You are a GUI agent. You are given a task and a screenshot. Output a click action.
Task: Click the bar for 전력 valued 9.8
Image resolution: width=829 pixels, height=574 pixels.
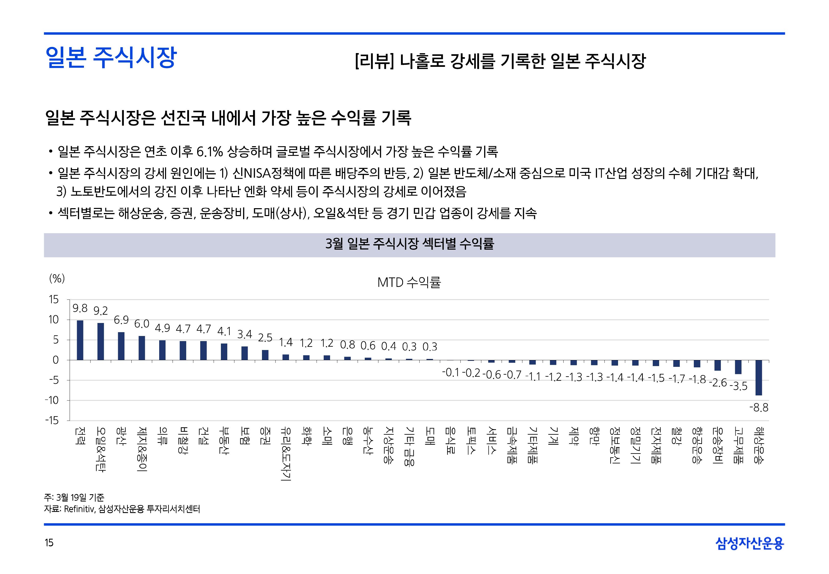tap(80, 340)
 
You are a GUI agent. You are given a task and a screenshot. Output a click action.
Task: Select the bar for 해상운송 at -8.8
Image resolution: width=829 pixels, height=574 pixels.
tap(759, 378)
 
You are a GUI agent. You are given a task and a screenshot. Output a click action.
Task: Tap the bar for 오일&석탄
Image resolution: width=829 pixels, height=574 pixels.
tap(101, 341)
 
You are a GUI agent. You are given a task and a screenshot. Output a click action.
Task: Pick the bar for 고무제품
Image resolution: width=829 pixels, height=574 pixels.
tap(738, 367)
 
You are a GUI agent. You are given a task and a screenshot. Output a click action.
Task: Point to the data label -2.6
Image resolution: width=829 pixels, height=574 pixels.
tap(718, 383)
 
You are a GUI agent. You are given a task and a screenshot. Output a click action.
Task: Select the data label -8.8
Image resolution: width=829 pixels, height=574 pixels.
tap(759, 408)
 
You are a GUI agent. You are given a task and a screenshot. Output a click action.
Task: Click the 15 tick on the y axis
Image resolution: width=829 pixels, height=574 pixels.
tap(54, 300)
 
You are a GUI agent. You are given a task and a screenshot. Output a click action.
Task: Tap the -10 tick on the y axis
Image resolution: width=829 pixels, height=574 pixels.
tap(52, 400)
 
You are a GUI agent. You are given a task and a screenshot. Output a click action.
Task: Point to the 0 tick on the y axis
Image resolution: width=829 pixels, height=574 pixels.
tap(55, 360)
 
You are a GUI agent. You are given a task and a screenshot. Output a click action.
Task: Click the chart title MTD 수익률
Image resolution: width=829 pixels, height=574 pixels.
tap(409, 283)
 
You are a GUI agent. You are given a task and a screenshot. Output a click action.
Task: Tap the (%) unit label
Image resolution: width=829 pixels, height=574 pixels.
tap(57, 278)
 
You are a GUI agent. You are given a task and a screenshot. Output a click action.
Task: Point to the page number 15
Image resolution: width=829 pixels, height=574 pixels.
tap(49, 543)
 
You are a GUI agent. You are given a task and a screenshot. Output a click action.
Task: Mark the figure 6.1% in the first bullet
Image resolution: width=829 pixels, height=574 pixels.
tap(210, 152)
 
